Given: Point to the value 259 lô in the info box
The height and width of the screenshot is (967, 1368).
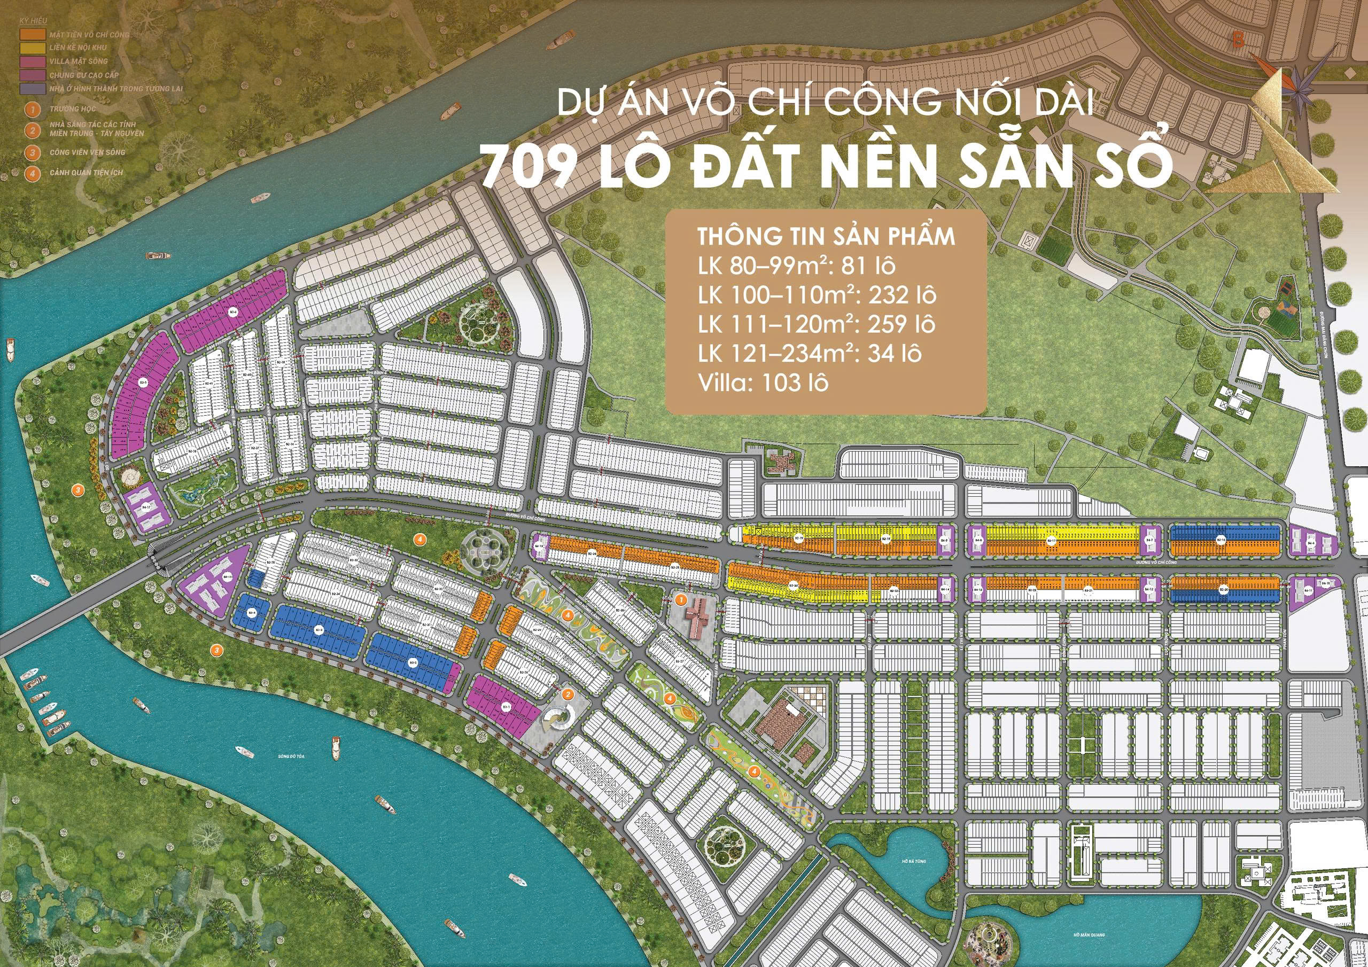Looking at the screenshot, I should (898, 325).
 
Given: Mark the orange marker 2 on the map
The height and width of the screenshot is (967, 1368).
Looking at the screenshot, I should (568, 694).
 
